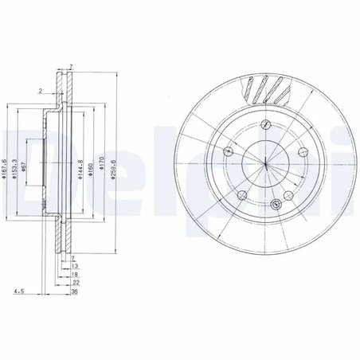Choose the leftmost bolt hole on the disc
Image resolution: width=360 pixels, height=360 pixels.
tap(228, 152)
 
